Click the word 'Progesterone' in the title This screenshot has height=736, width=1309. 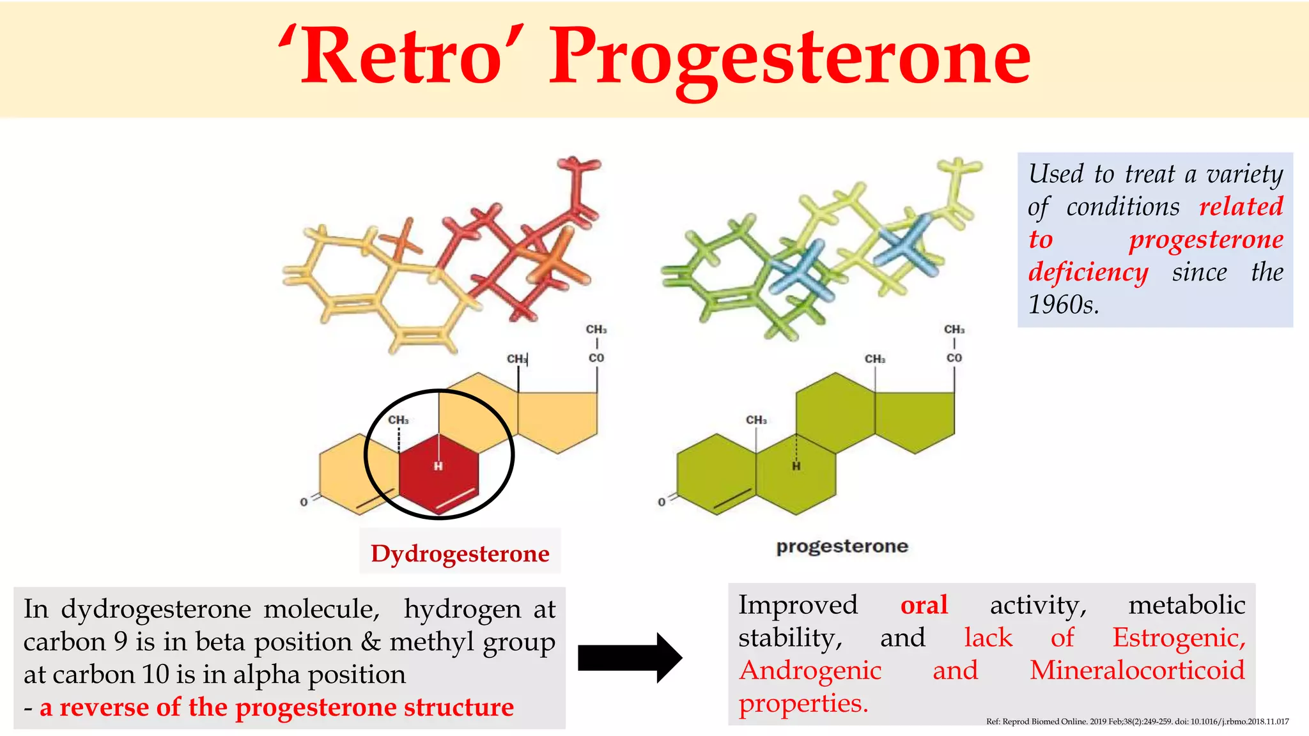[789, 59]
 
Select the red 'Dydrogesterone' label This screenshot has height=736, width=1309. [460, 553]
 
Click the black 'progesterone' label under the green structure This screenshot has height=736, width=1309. [842, 546]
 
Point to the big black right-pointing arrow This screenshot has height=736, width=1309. [630, 658]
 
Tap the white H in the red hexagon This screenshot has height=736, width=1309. [438, 466]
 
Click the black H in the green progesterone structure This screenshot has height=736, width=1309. [796, 466]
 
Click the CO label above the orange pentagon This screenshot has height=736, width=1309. [596, 358]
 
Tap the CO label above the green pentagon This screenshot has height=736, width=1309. [954, 358]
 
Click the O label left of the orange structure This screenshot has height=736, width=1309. [304, 502]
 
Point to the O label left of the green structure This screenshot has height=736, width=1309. [662, 502]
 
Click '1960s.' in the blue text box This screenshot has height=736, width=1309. [1063, 305]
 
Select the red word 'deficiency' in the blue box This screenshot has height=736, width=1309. [1088, 272]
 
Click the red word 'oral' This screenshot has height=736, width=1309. [924, 605]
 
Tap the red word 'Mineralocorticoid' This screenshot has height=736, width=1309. [1137, 670]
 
